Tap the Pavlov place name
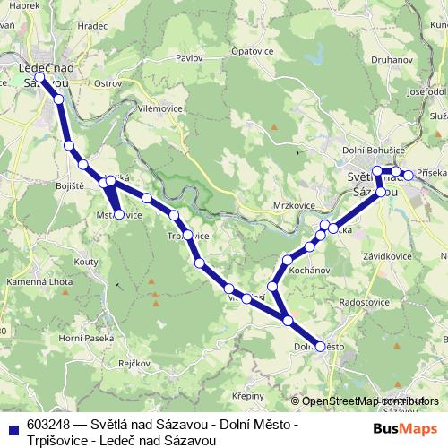coord(189,57)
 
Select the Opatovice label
coord(251,51)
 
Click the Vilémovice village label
coord(161,108)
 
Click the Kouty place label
coord(87,261)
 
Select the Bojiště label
coord(46,185)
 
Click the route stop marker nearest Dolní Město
coord(320,347)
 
